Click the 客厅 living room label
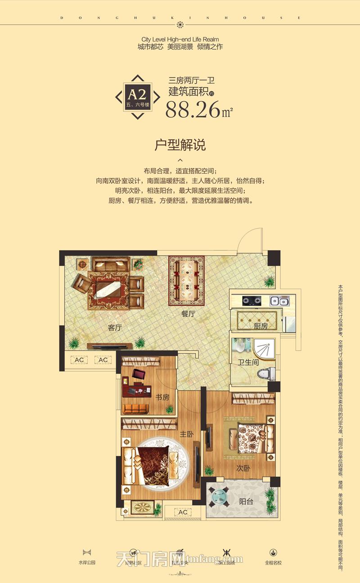(115, 328)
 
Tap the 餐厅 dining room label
(188, 314)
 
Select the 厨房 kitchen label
(261, 326)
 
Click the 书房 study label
(162, 397)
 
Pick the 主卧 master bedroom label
(187, 434)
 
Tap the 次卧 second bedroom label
(243, 468)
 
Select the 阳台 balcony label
(246, 502)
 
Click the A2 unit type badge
(138, 96)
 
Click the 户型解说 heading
(180, 145)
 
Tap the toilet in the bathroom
(265, 374)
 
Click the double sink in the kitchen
(279, 301)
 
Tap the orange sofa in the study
(134, 409)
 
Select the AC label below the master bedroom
(183, 512)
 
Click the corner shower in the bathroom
(264, 348)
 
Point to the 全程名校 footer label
(273, 562)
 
